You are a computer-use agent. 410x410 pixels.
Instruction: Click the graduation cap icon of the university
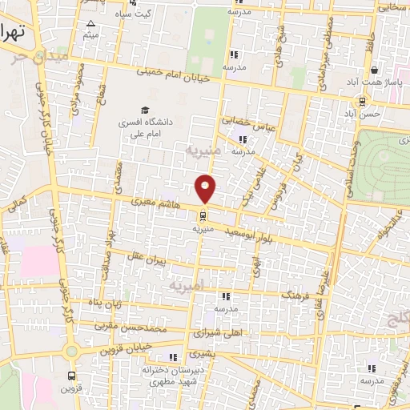pyautogui.click(x=144, y=111)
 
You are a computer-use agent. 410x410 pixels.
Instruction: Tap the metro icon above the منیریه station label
pyautogui.click(x=202, y=215)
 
